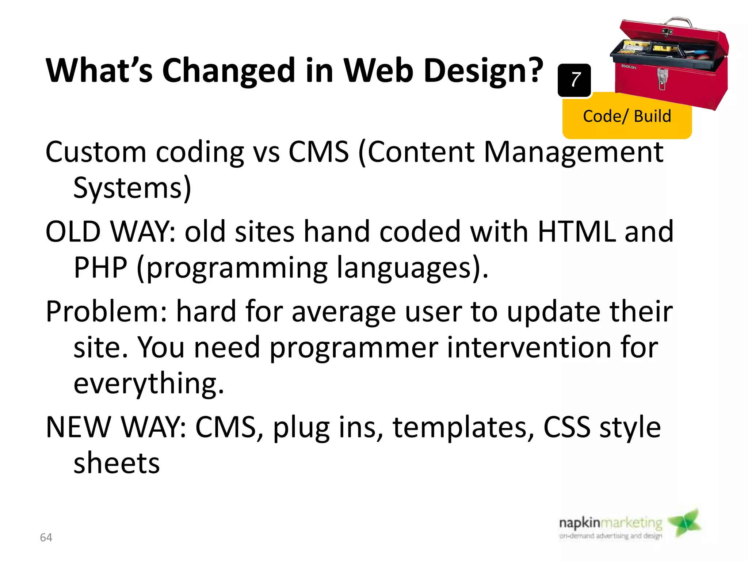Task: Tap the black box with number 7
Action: (574, 80)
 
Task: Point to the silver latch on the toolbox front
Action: (662, 79)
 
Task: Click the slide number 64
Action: (46, 538)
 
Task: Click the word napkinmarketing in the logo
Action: (610, 523)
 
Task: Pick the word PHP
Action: (100, 268)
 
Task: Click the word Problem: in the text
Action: (106, 312)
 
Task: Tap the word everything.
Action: (149, 384)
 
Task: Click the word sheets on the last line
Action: (117, 463)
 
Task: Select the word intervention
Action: (529, 348)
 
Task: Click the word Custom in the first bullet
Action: (96, 152)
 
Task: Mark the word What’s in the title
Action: (99, 71)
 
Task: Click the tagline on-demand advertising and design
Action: (610, 536)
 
